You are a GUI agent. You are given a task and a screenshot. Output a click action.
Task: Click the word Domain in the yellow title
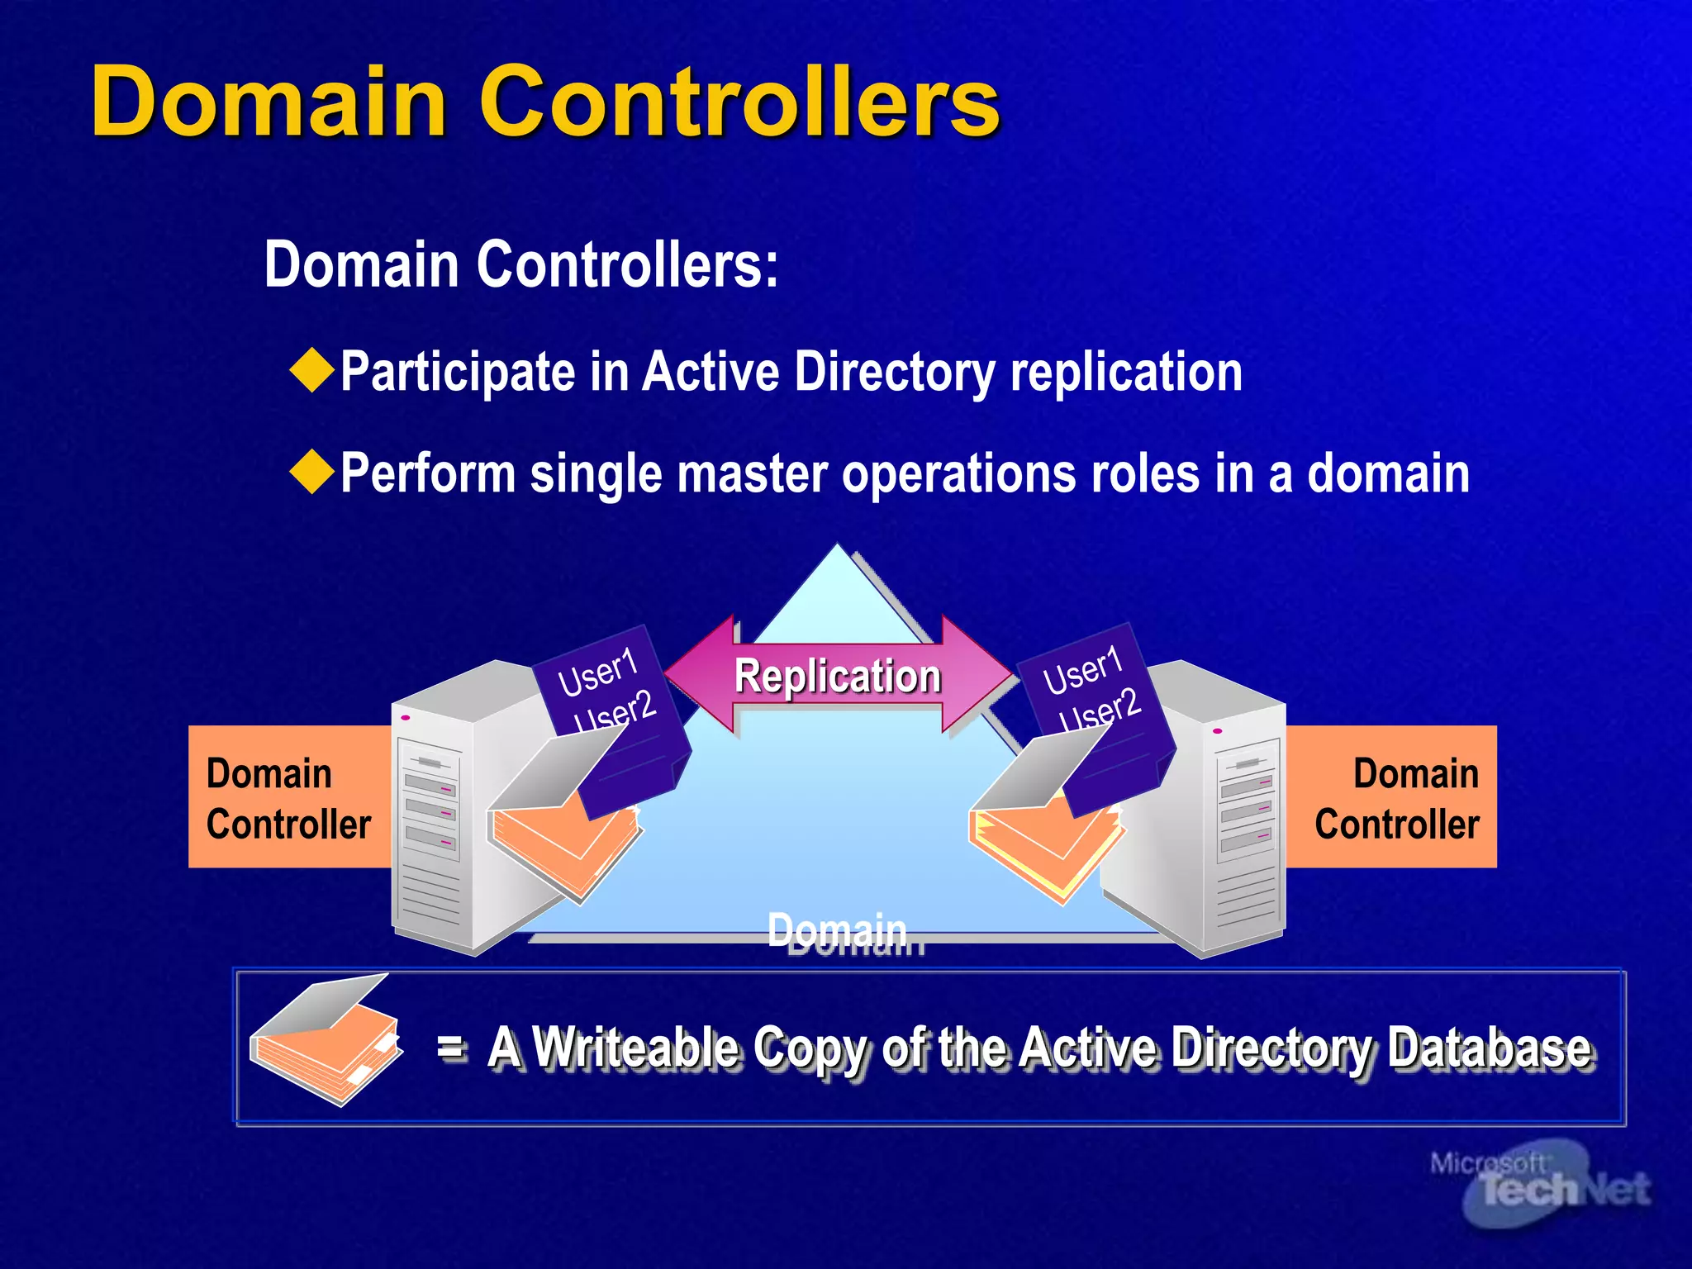coord(269,102)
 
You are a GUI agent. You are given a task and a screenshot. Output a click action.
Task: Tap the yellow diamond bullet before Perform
coord(312,473)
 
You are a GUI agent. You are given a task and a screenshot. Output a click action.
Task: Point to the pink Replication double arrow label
coord(838,675)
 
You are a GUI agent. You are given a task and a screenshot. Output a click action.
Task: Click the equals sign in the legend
coord(451,1047)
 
